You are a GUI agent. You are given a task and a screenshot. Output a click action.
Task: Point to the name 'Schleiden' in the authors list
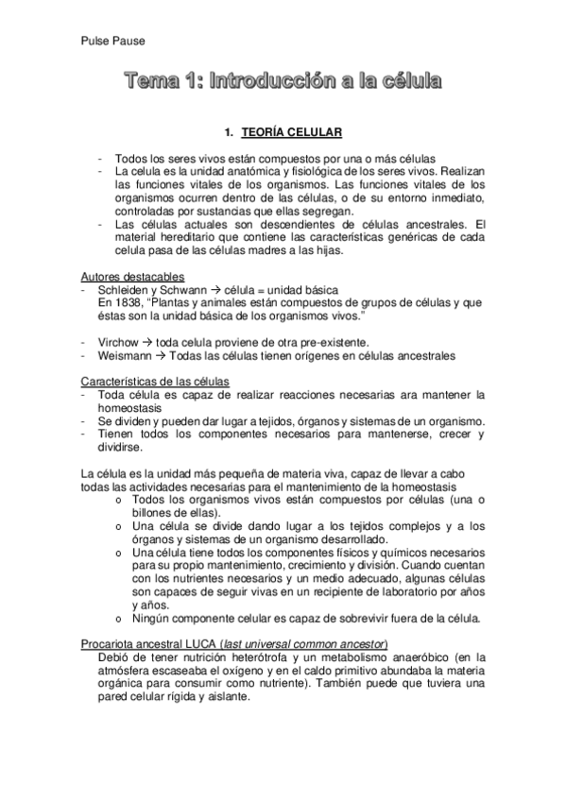click(x=125, y=288)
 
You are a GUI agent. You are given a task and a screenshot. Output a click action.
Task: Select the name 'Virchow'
click(x=119, y=341)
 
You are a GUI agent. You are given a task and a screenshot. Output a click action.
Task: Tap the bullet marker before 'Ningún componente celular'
click(x=116, y=620)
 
